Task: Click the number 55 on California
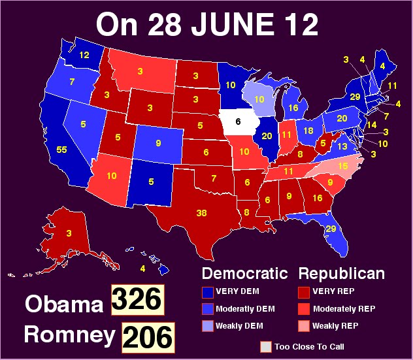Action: (62, 150)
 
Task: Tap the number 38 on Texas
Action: (202, 212)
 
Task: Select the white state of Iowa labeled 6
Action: (238, 122)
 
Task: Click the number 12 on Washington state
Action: (84, 56)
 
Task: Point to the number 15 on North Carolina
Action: (342, 167)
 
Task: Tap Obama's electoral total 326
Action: (136, 300)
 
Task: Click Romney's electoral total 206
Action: (148, 336)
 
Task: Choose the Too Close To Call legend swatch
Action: (265, 346)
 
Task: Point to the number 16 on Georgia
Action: (318, 198)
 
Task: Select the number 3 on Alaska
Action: (68, 233)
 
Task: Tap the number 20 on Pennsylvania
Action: (342, 118)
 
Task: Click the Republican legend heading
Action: (342, 273)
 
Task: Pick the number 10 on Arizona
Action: (112, 176)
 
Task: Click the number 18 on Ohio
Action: (309, 131)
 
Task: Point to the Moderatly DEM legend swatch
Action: (208, 308)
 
